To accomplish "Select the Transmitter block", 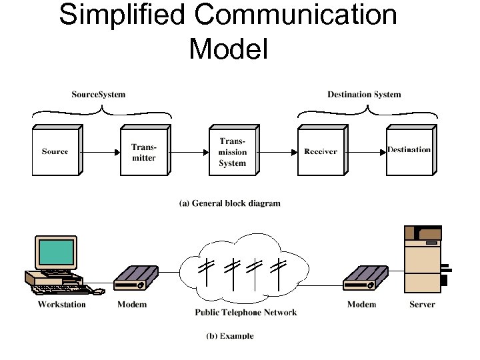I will pos(143,151).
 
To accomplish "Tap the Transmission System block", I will pos(232,151).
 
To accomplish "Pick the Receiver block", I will pos(320,151).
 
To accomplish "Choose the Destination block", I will pos(409,150).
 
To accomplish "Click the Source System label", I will pos(98,95).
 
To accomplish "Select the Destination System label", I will pos(364,95).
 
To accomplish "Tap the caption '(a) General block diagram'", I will pos(229,203).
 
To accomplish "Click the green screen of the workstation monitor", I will pos(56,253).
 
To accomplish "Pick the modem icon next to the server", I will pos(365,279).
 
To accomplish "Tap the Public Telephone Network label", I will pos(245,312).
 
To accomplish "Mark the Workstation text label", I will pos(61,305).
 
